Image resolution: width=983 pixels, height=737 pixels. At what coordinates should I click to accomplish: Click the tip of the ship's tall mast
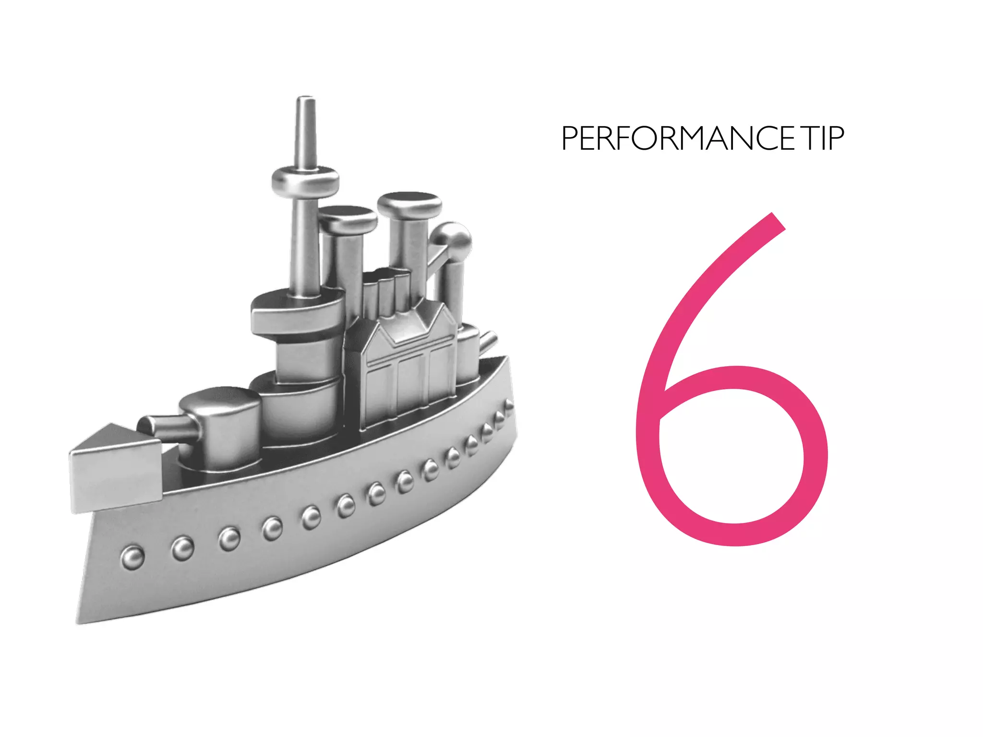[306, 100]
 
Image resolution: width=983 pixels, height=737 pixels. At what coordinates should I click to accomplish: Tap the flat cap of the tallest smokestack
[409, 204]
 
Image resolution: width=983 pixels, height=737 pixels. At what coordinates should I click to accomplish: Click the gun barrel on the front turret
[163, 425]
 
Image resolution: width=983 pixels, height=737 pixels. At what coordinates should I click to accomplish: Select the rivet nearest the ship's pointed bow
[132, 558]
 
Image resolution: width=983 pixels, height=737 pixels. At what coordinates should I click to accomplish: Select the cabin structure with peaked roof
[403, 365]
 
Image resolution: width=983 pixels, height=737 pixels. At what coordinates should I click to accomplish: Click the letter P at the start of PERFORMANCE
[571, 139]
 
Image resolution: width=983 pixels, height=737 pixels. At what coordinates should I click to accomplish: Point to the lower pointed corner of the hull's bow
[79, 621]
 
